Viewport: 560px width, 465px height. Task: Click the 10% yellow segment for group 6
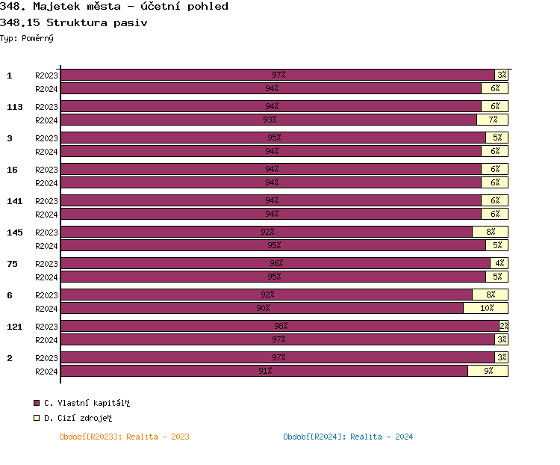click(x=485, y=308)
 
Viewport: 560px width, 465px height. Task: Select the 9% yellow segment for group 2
click(x=488, y=371)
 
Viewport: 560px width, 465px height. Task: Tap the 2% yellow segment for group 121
click(x=503, y=326)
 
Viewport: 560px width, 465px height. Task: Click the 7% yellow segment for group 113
click(x=492, y=120)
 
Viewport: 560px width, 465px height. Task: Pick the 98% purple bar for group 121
click(x=280, y=326)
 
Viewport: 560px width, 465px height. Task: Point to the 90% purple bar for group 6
click(x=262, y=308)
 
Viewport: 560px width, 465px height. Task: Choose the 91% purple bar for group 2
click(x=264, y=371)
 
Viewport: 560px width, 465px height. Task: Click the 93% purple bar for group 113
click(x=269, y=120)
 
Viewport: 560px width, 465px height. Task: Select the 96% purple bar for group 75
click(x=276, y=263)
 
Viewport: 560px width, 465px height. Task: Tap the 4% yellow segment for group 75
click(x=499, y=263)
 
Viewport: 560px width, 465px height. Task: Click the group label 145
click(x=15, y=232)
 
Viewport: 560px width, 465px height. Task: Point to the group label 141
click(x=15, y=201)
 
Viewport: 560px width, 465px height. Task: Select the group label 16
click(x=12, y=170)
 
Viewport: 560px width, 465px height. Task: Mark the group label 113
click(x=15, y=107)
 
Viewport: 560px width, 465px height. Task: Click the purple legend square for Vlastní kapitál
click(x=37, y=403)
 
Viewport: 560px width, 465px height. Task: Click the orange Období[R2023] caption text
click(x=124, y=437)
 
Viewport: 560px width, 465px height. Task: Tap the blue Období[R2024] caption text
click(x=348, y=437)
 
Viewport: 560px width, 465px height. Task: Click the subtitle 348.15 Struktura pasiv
click(x=74, y=22)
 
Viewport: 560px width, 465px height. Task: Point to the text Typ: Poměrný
click(x=27, y=37)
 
